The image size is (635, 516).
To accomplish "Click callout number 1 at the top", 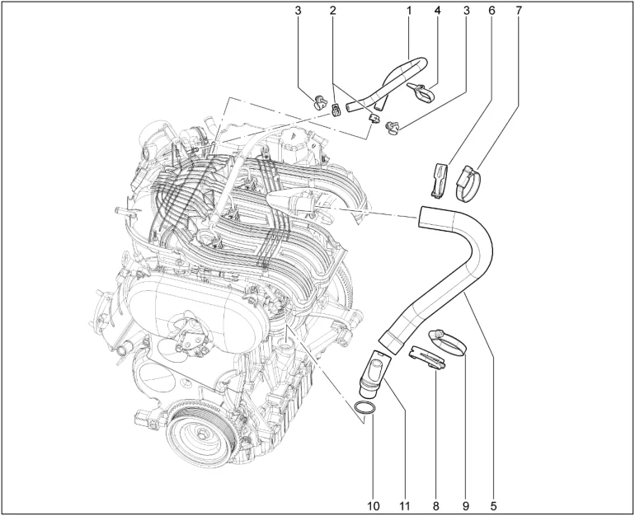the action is [x=409, y=10].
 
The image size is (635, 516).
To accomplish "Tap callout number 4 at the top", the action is [x=437, y=10].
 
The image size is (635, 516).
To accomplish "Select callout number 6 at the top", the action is [x=492, y=10].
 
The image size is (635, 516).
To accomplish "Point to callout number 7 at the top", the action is [x=520, y=10].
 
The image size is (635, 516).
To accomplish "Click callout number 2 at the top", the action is [x=333, y=10].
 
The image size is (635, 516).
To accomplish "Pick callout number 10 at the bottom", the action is [x=374, y=505].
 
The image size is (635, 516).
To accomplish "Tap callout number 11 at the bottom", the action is [x=405, y=505].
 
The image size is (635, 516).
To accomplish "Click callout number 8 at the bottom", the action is [x=435, y=505].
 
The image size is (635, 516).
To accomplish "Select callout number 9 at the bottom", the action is [x=465, y=505].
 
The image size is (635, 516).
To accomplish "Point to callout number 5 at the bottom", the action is [x=493, y=505].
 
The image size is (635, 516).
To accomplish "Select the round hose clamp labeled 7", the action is [x=468, y=184].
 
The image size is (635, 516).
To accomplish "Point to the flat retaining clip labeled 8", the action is [x=428, y=356].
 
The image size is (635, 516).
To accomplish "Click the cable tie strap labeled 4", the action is [x=422, y=91].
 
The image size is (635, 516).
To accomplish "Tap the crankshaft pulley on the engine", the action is [x=201, y=436].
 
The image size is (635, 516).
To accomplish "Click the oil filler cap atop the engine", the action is [x=293, y=142].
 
